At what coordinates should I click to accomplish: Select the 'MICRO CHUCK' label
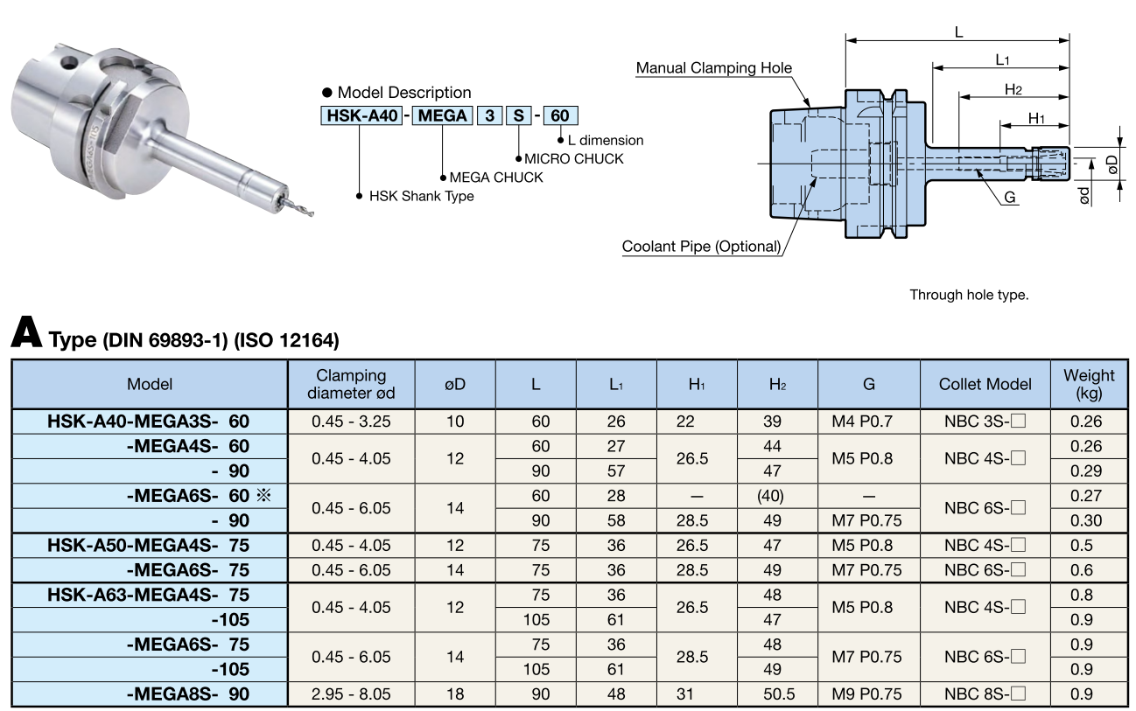tap(574, 158)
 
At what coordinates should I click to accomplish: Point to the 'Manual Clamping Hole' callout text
tap(713, 67)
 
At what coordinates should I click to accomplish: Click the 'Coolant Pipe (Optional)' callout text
tap(701, 247)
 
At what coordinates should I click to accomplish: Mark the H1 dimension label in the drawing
tap(1036, 118)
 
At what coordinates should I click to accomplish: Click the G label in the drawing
tap(1010, 198)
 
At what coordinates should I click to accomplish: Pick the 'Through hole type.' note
tap(969, 295)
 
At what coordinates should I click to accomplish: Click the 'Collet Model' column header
tap(985, 384)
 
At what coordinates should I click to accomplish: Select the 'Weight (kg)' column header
tap(1089, 384)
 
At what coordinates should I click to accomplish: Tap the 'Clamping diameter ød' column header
tap(351, 384)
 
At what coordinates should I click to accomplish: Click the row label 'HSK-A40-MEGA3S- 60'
tap(149, 422)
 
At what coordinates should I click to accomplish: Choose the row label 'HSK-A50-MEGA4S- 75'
tap(149, 546)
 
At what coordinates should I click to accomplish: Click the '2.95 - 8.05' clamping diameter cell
tap(351, 695)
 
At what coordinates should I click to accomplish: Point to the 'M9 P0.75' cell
tap(867, 695)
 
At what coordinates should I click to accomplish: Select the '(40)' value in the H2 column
tap(771, 496)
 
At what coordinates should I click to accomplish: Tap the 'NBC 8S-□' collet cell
tap(985, 695)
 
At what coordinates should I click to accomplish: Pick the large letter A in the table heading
tap(26, 333)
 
